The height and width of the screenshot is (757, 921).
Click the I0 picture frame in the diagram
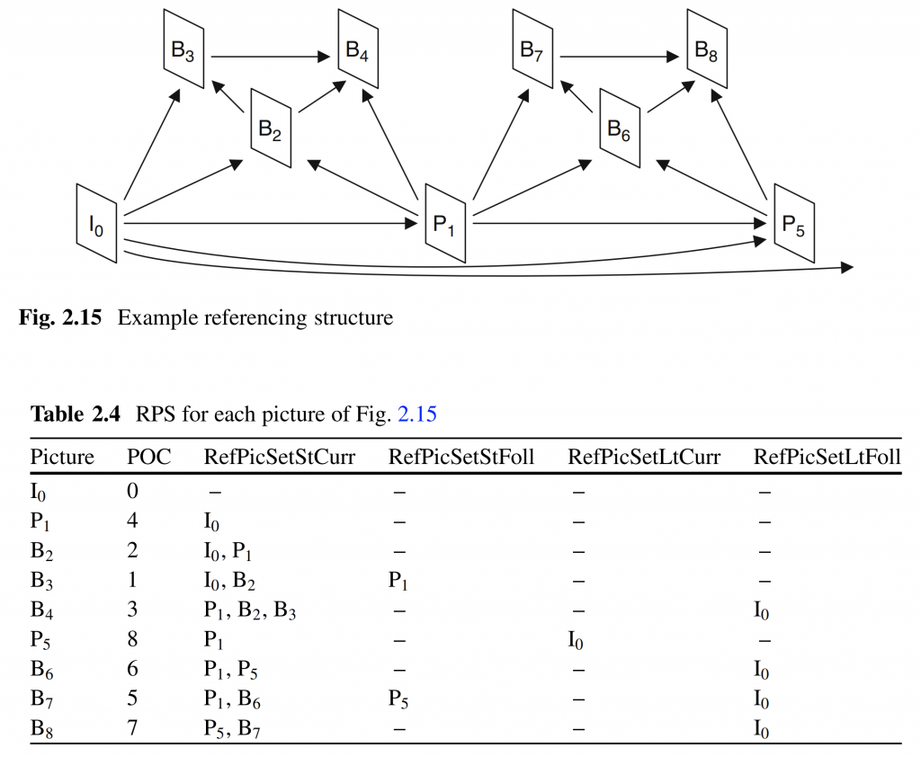pyautogui.click(x=96, y=224)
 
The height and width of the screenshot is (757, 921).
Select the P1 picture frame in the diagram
pyautogui.click(x=445, y=224)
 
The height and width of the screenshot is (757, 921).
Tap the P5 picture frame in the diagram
pyautogui.click(x=794, y=224)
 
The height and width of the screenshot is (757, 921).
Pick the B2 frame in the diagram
pyautogui.click(x=271, y=128)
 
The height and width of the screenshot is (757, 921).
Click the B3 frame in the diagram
pyautogui.click(x=183, y=49)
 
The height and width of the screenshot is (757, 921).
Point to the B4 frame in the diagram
pyautogui.click(x=358, y=49)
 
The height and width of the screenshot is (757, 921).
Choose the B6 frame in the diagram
pyautogui.click(x=620, y=128)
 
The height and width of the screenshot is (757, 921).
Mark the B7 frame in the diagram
pyautogui.click(x=532, y=49)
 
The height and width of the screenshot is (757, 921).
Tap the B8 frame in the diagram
pyautogui.click(x=707, y=49)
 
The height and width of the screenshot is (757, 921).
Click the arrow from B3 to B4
pyautogui.click(x=270, y=57)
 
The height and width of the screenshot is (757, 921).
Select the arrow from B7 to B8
pyautogui.click(x=619, y=57)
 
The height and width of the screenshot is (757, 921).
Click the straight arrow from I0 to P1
pyautogui.click(x=271, y=223)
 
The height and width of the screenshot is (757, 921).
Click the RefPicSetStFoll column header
pyautogui.click(x=461, y=457)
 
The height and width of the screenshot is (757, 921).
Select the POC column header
pyautogui.click(x=148, y=457)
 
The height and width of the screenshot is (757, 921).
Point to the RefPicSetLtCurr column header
pyautogui.click(x=644, y=457)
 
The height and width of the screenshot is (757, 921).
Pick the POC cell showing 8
pyautogui.click(x=133, y=638)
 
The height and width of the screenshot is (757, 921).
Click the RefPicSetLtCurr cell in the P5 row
pyautogui.click(x=576, y=639)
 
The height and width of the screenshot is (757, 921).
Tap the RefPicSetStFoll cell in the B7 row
pyautogui.click(x=398, y=699)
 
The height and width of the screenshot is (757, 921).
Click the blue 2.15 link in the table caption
pyautogui.click(x=417, y=414)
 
